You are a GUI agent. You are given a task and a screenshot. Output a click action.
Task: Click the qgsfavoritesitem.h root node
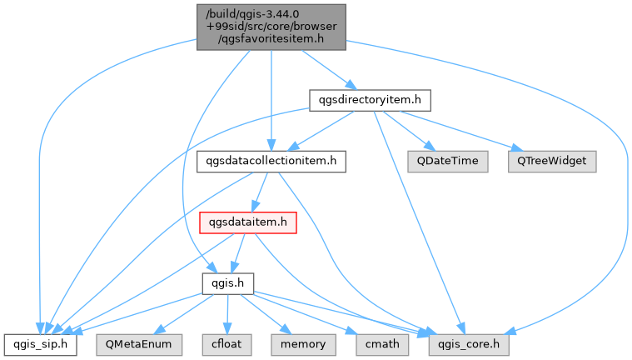point(271,27)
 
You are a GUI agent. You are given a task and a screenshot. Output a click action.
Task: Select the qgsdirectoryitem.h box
point(370,100)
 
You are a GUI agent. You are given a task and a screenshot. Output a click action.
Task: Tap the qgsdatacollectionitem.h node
point(271,162)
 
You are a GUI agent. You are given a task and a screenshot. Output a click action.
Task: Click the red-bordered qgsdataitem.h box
point(248,222)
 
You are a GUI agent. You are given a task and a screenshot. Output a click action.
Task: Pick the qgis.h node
point(227,283)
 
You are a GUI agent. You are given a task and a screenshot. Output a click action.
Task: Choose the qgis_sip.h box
point(40,345)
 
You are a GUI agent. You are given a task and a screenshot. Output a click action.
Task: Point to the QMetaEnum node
point(139,345)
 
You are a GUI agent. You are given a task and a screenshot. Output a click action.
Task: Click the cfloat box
point(227,345)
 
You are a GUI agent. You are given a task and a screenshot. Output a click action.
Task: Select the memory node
point(303,345)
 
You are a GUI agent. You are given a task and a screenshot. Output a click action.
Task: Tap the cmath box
point(382,345)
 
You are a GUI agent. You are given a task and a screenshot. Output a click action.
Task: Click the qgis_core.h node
point(469,345)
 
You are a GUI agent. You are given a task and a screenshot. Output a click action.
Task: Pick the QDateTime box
point(447,162)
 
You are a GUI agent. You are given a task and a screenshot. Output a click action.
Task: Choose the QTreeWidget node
point(552,162)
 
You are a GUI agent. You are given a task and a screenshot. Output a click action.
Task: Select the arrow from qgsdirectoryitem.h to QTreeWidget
point(460,131)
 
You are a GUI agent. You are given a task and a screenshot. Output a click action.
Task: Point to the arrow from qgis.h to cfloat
point(227,314)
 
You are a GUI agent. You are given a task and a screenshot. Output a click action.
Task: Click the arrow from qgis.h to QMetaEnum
point(184,314)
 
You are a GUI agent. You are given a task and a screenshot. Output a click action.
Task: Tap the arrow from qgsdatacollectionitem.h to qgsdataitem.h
point(260,192)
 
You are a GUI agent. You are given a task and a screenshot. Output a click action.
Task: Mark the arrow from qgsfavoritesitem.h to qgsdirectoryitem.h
point(329,70)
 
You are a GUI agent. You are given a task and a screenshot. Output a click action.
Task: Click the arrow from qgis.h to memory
point(266,314)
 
